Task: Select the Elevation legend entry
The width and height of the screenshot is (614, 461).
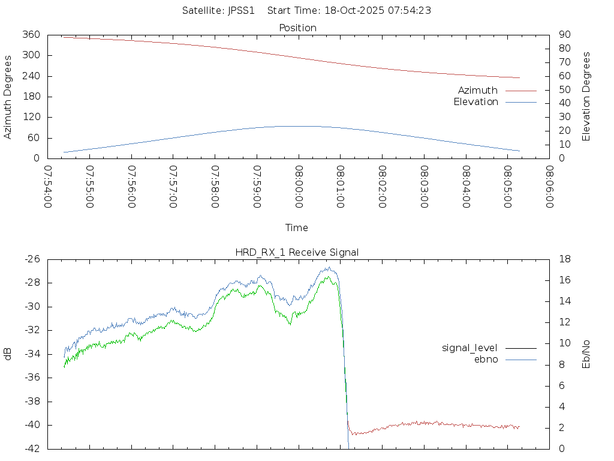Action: pos(476,102)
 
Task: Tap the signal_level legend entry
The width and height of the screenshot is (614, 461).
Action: pos(469,348)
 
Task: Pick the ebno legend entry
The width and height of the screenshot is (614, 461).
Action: pos(486,359)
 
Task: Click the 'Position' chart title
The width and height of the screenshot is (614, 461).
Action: pos(298,28)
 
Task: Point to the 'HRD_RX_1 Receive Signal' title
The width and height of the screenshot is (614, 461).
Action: pos(297,252)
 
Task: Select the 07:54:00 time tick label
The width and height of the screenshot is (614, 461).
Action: pos(47,187)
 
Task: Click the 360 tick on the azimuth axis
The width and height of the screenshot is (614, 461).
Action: pos(31,35)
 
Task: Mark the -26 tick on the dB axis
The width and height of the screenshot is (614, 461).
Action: pos(32,259)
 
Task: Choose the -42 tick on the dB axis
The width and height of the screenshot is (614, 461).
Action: pos(32,448)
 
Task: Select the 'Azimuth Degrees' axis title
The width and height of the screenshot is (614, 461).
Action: pos(8,97)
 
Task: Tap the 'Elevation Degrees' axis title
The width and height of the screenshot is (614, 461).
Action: pos(586,97)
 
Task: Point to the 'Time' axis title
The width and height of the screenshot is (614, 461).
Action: pos(297,228)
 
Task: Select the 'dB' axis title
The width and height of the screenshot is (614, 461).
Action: pos(8,354)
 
